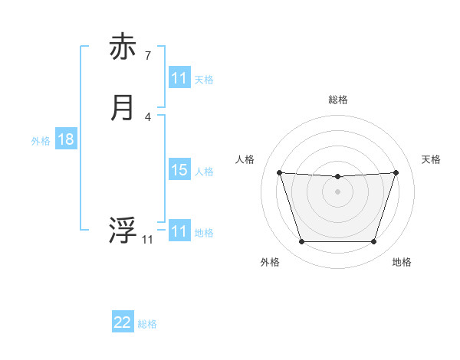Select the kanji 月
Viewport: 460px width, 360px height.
123,108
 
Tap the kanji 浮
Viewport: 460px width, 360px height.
123,231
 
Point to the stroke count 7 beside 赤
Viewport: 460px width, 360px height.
148,55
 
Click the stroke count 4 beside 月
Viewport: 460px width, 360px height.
148,116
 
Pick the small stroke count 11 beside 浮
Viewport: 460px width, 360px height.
147,240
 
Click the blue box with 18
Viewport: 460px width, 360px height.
65,139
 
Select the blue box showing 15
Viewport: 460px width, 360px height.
179,170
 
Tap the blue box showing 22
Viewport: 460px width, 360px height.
123,322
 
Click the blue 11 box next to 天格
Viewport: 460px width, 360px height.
179,78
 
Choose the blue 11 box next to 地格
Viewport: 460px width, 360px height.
179,231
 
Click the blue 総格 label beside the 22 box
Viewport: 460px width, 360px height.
147,324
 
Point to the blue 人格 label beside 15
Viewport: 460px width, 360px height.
204,171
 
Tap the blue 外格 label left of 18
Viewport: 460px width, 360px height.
41,141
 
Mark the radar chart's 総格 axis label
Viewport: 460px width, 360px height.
338,100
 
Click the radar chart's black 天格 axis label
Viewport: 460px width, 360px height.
432,159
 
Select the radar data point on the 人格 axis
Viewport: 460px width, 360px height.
279,172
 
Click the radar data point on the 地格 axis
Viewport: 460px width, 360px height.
373,242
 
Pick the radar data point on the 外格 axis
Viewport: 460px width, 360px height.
301,242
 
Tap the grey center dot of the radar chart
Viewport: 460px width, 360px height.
337,191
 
